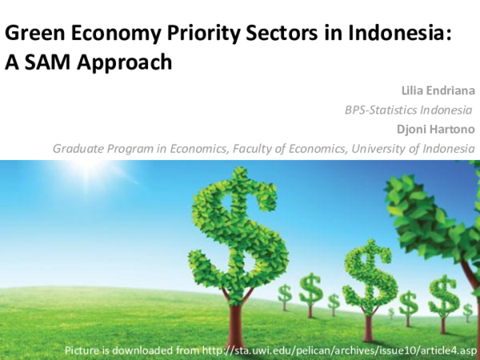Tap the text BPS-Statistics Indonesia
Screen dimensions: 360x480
409,110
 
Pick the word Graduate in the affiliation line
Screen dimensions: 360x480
78,149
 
